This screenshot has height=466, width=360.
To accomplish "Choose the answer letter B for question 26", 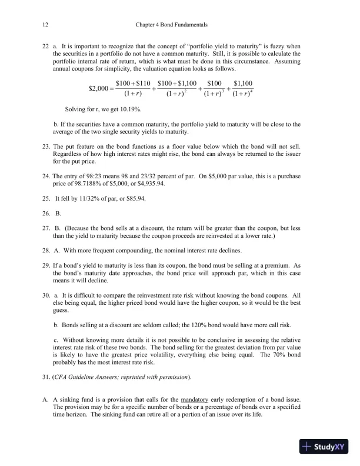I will [x=58, y=213].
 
